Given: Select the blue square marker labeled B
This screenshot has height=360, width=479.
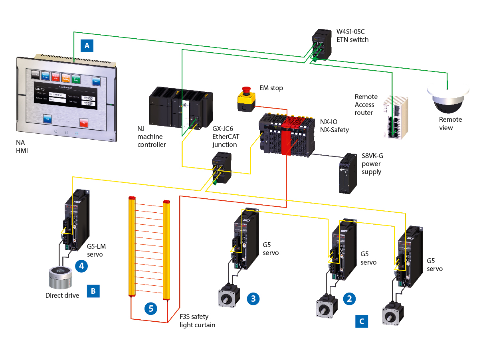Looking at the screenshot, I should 93,291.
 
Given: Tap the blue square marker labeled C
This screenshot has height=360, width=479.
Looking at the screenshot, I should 362,320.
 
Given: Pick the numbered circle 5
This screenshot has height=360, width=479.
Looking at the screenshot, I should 151,308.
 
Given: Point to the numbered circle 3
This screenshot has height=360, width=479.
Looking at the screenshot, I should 253,298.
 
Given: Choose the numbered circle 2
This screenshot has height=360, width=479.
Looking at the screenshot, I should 350,298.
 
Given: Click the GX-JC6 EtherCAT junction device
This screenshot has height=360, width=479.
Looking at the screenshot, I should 221,168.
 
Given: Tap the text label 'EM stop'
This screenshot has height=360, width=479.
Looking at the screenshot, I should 271,88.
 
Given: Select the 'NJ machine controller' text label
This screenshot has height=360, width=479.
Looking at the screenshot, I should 152,137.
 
